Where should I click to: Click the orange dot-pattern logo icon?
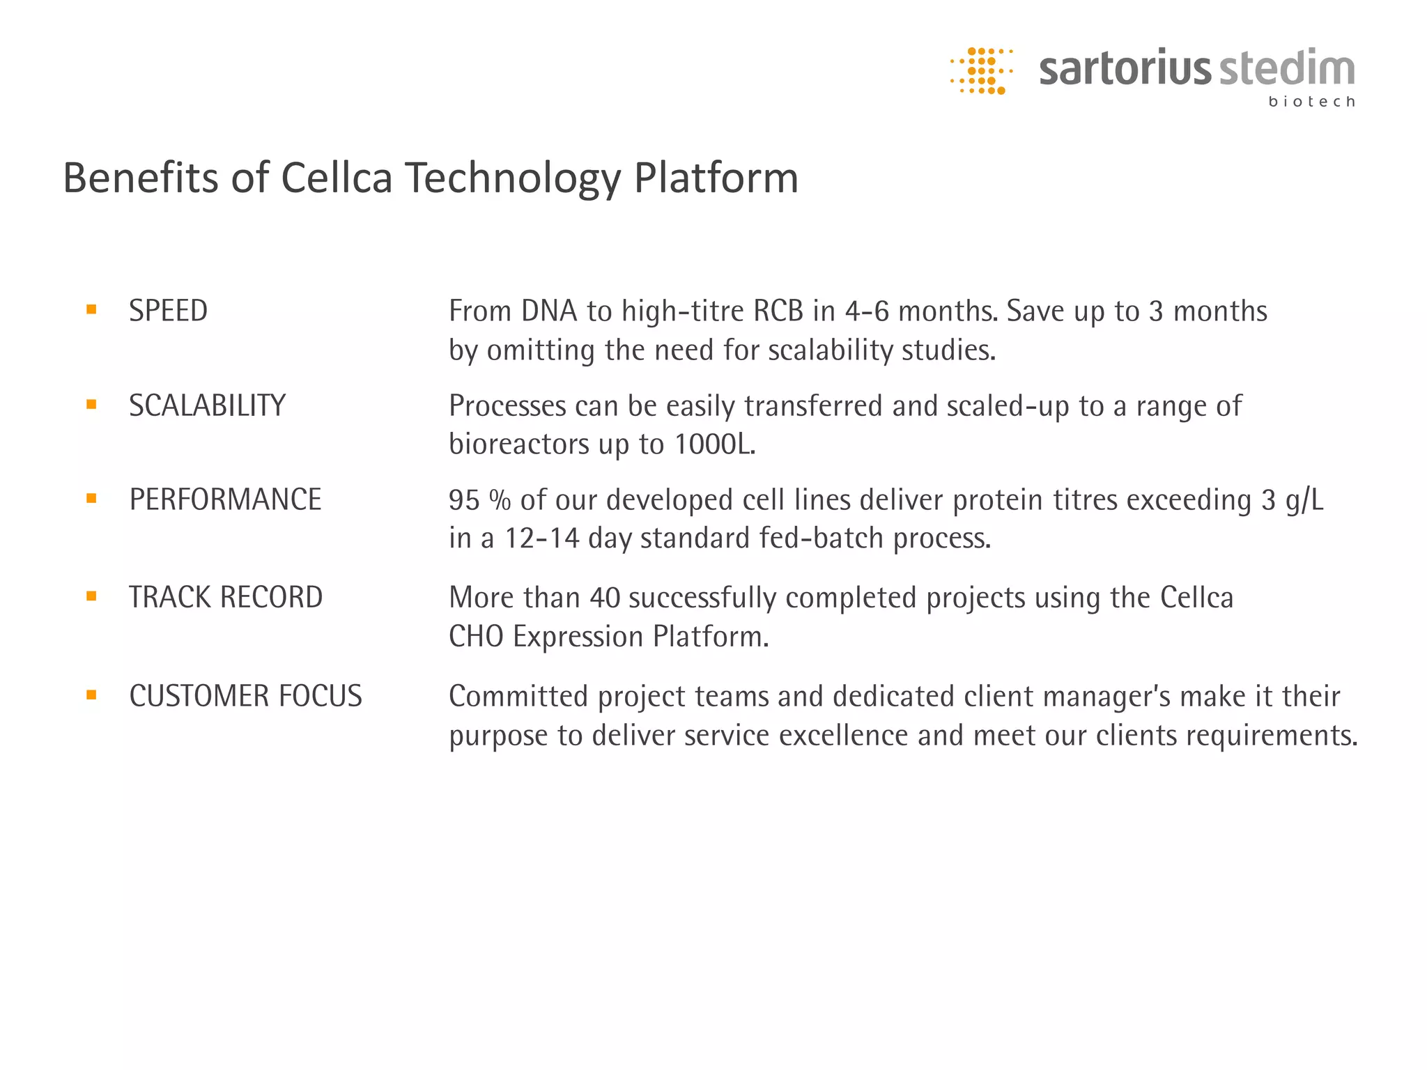(981, 70)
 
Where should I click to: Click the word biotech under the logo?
(1311, 102)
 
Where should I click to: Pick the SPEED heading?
(168, 311)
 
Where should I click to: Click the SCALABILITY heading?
(207, 405)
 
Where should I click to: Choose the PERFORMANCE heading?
(225, 499)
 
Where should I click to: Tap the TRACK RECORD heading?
(226, 597)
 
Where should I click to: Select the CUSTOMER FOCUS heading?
(245, 696)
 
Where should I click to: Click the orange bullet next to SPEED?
(91, 310)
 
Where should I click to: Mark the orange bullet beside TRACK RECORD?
(91, 596)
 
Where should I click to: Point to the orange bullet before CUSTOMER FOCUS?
(91, 695)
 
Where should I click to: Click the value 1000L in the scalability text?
(714, 444)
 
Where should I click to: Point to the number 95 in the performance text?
(464, 500)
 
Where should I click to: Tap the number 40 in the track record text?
(604, 598)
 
